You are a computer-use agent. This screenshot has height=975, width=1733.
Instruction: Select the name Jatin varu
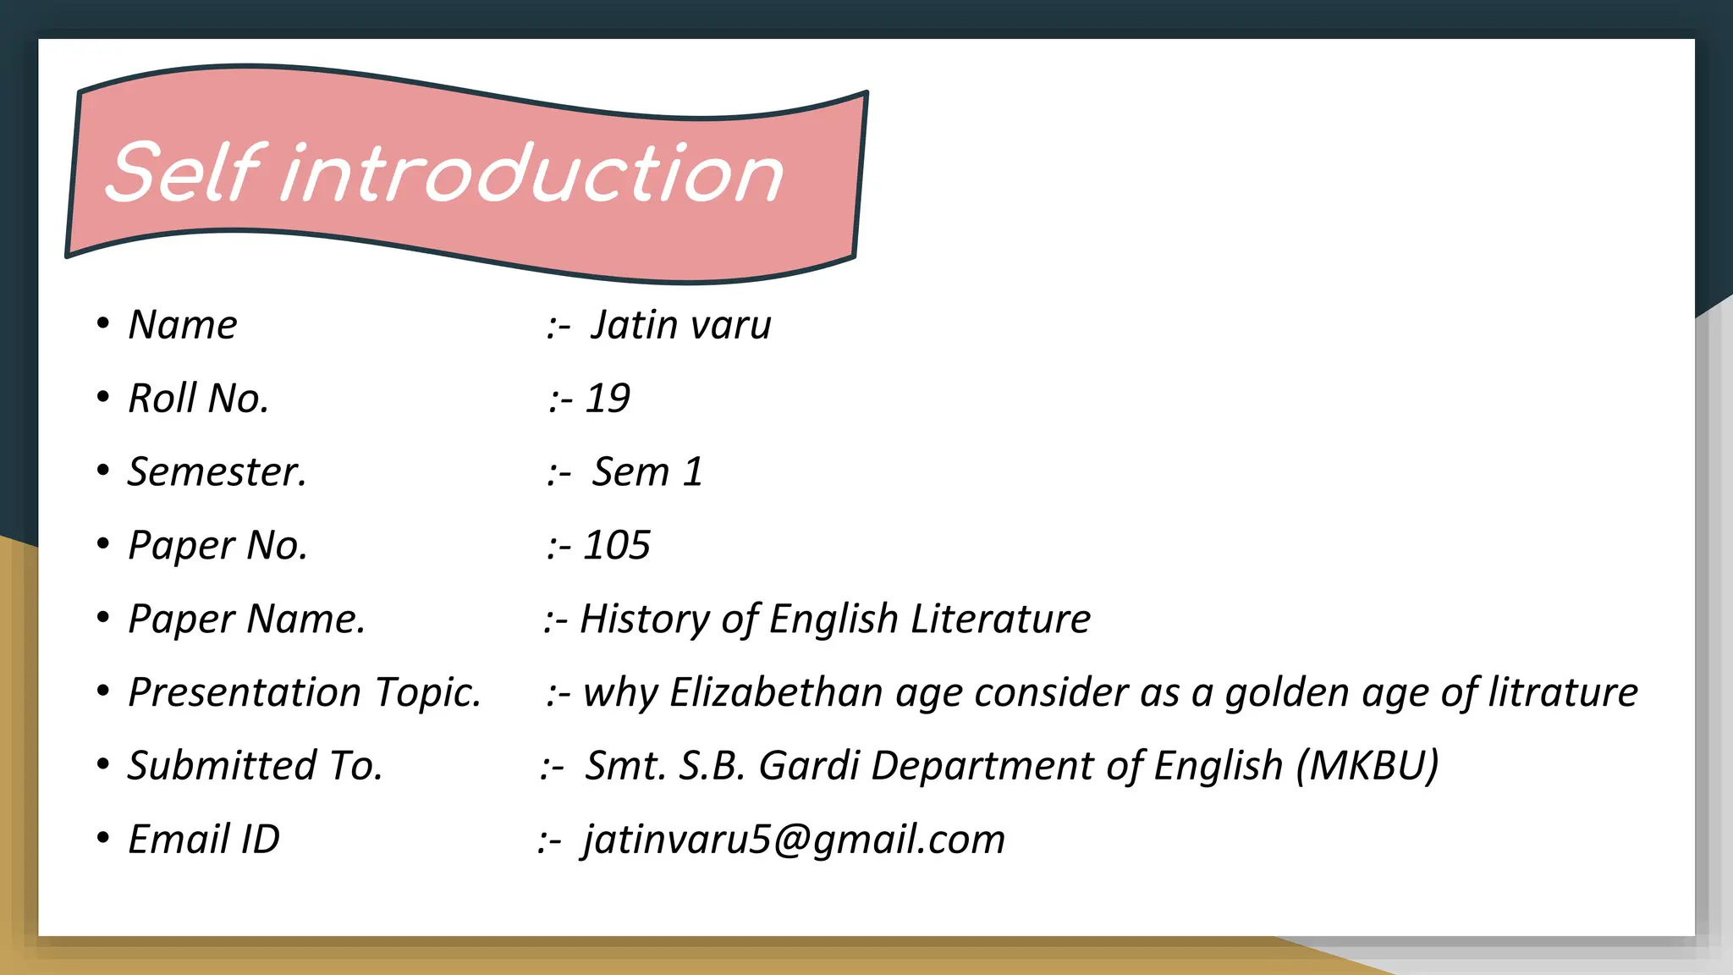[680, 326]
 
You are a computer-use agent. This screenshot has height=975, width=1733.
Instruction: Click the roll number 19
[608, 399]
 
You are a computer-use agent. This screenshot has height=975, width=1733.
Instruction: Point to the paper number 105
[617, 546]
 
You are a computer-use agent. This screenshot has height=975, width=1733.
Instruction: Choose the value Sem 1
[647, 472]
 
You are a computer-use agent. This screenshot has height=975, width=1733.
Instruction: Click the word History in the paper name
[644, 620]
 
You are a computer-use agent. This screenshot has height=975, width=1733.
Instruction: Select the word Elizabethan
[776, 693]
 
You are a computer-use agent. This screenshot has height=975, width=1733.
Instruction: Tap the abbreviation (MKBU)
[1367, 766]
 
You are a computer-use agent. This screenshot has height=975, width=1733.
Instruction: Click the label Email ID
[204, 840]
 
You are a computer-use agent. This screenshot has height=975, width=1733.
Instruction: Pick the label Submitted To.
[255, 766]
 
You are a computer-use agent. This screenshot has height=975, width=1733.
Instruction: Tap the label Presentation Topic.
[304, 693]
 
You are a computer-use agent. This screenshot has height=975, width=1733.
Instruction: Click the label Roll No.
[198, 399]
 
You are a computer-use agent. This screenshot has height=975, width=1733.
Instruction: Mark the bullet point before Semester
[103, 470]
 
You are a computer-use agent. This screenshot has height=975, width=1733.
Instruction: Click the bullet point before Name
[103, 322]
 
